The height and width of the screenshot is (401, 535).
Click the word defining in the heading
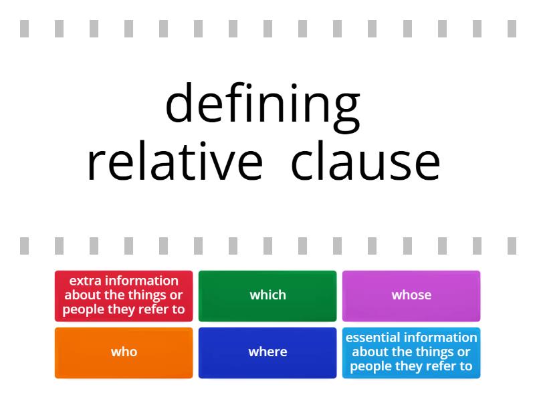262,104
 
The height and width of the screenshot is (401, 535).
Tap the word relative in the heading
175,162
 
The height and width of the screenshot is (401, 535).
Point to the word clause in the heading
366,162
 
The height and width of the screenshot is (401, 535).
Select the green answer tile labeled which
267,295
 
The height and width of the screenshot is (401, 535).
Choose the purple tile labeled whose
411,295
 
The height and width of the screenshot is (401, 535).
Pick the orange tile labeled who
124,352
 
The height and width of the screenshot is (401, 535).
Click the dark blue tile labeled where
267,352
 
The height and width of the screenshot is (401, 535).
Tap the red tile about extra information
124,295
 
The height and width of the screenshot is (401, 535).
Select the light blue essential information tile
411,352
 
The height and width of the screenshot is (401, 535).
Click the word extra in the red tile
83,281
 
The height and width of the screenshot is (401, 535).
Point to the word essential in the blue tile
370,338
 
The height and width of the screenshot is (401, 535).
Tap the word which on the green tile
267,295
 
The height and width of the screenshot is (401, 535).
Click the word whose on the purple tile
411,295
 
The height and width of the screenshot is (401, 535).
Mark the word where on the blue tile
267,352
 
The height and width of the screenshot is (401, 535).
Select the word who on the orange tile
124,352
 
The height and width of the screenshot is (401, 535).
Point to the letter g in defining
346,107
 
